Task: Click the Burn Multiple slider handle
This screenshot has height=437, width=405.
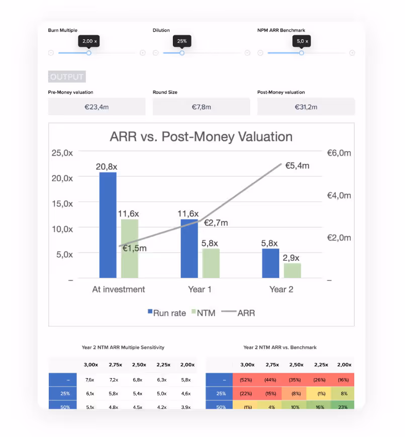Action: point(89,53)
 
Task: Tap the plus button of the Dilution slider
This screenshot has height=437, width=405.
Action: point(247,53)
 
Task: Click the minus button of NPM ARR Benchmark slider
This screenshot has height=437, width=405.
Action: point(260,53)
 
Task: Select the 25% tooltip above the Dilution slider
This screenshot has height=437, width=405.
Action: point(182,41)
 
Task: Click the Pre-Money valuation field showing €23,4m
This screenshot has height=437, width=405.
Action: point(96,107)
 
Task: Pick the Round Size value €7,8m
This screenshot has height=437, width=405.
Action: point(201,107)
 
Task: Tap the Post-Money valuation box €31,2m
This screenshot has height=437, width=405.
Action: point(306,107)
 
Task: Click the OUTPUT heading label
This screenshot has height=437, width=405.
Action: point(67,77)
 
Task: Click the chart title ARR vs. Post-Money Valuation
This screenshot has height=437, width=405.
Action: point(201,136)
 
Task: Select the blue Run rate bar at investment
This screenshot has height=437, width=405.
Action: point(108,225)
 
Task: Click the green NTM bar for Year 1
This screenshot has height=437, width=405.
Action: point(211,263)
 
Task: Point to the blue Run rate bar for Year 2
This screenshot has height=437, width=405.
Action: point(270,263)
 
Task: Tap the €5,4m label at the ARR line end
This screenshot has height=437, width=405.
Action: point(297,165)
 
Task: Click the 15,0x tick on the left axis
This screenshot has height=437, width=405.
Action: point(62,203)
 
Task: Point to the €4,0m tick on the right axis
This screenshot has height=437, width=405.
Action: point(339,195)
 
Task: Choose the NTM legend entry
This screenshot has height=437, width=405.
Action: point(202,313)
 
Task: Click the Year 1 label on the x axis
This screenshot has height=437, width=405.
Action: point(200,289)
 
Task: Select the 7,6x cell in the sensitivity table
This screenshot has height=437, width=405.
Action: point(90,380)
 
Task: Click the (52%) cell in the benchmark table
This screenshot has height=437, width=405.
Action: point(246,380)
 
